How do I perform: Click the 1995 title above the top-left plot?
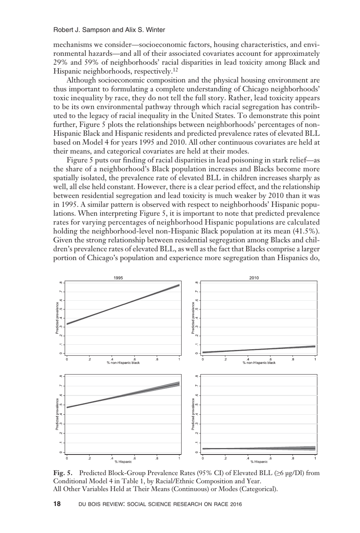pyautogui.click(x=118, y=278)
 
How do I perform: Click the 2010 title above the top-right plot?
pyautogui.click(x=254, y=278)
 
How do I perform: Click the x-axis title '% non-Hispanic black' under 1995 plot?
pyautogui.click(x=123, y=363)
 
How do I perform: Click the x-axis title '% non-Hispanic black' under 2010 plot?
pyautogui.click(x=259, y=363)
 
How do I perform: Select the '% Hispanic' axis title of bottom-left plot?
pyautogui.click(x=123, y=462)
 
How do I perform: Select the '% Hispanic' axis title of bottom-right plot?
pyautogui.click(x=259, y=462)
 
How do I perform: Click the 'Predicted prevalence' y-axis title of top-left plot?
pyautogui.click(x=56, y=318)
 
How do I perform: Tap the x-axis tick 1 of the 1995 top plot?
pyautogui.click(x=179, y=359)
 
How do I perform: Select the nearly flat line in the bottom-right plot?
pyautogui.click(x=259, y=448)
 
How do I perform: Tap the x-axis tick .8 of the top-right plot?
pyautogui.click(x=293, y=359)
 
